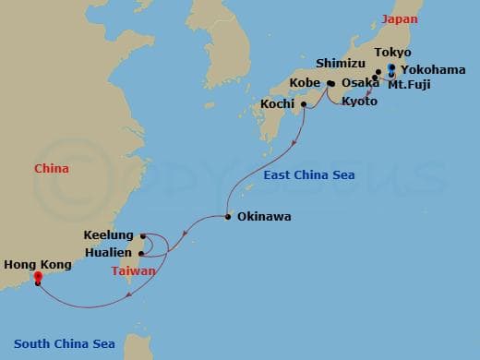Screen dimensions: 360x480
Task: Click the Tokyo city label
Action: coord(393,53)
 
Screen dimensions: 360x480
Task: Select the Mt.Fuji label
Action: coord(409,85)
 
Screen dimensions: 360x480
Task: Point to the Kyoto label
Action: coord(359,101)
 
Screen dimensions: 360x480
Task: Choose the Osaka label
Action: coord(360,83)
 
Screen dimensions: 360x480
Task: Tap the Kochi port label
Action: coord(278,103)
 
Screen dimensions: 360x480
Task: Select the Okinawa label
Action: coord(264,218)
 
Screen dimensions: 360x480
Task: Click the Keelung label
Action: coord(108,236)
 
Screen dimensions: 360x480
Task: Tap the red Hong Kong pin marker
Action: coord(37,276)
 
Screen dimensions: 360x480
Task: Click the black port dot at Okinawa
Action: coord(228,218)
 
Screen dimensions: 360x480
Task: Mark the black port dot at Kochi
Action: coord(304,103)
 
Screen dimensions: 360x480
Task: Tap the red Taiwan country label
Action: coord(134,271)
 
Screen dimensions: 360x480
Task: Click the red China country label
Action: coord(52,169)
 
